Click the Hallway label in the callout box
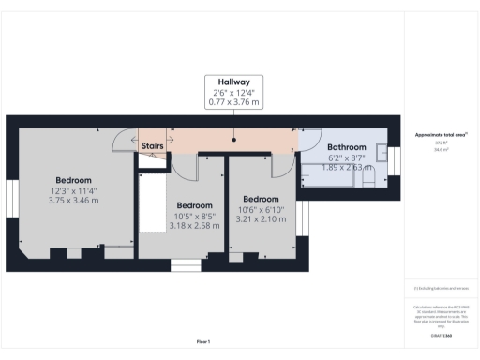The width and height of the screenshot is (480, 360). pos(234,82)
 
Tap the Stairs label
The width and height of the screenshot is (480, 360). pos(153,146)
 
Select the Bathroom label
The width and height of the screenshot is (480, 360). pos(346,147)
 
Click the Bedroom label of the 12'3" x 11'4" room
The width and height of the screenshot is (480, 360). pos(73,180)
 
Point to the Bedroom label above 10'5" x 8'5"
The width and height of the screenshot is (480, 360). pos(194,205)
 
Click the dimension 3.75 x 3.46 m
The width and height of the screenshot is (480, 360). pos(73,201)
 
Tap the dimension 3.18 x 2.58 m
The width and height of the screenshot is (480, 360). pos(194,225)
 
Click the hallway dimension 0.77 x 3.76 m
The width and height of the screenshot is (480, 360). pos(234,101)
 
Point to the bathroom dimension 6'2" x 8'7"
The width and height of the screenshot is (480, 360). pos(346,158)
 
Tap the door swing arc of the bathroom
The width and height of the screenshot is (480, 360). pos(307,141)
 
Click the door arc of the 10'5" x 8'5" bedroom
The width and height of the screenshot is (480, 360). pos(187,167)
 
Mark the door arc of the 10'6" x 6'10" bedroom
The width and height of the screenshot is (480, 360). pos(279,167)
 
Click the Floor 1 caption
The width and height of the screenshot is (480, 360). pos(203,341)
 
